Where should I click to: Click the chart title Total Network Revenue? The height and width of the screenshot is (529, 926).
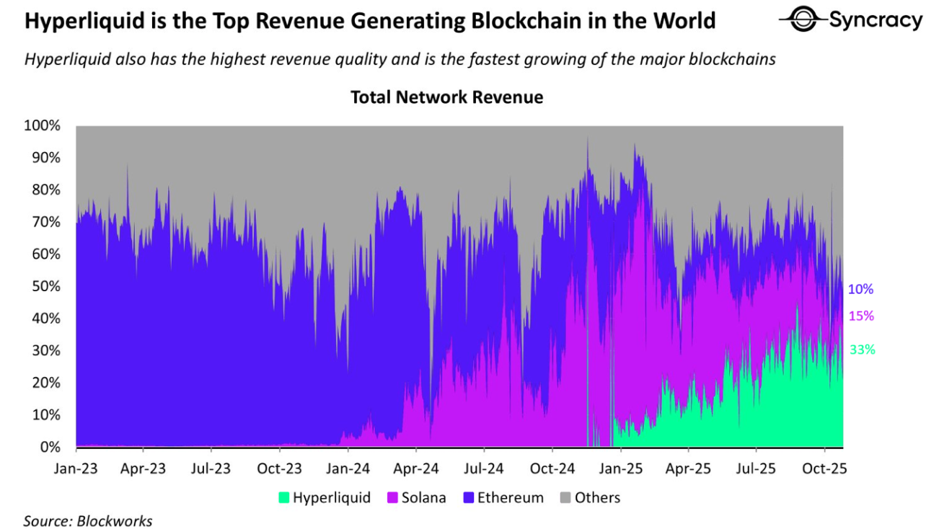pyautogui.click(x=446, y=97)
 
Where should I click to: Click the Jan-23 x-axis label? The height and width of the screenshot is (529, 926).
pyautogui.click(x=76, y=468)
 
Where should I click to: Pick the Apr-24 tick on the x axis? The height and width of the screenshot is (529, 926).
pyautogui.click(x=416, y=468)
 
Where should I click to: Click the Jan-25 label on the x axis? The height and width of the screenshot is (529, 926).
pyautogui.click(x=621, y=468)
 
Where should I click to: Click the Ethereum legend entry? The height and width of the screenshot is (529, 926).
pyautogui.click(x=504, y=497)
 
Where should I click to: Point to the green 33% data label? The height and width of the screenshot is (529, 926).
pyautogui.click(x=862, y=350)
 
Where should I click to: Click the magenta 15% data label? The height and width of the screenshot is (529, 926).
pyautogui.click(x=861, y=316)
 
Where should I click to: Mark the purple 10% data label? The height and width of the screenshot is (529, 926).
pyautogui.click(x=860, y=290)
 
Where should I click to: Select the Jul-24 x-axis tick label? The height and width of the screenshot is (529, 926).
pyautogui.click(x=484, y=468)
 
